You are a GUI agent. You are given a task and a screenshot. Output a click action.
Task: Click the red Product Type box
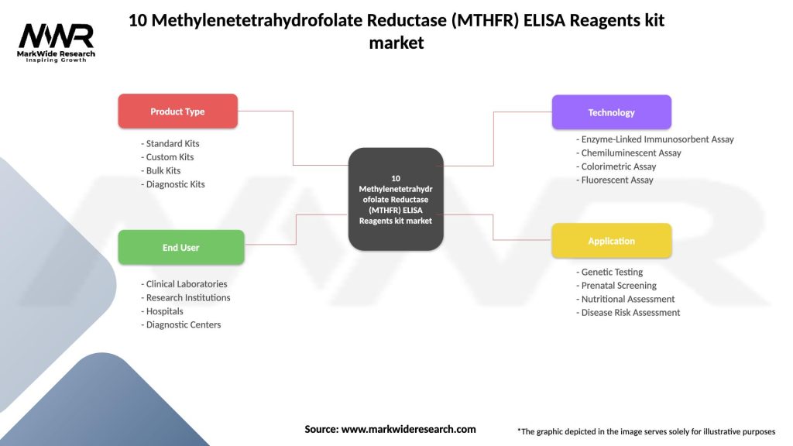coord(177,111)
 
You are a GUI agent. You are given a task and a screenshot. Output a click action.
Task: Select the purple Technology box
coord(611,112)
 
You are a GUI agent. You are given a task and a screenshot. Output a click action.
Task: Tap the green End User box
coord(180,248)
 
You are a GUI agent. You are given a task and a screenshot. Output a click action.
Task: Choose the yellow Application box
coord(611,241)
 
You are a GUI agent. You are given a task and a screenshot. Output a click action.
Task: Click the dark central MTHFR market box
coord(396,199)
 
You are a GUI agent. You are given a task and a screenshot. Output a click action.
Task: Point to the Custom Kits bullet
coord(168,157)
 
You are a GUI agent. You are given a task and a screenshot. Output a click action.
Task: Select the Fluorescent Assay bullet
coord(616,180)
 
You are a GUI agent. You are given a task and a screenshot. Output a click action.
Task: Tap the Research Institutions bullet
coord(186,297)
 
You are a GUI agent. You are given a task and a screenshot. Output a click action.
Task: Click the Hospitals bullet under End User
coord(163,311)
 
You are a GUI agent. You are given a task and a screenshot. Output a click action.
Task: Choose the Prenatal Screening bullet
coord(617,286)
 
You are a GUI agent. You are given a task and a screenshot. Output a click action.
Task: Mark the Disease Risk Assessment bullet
coord(629,313)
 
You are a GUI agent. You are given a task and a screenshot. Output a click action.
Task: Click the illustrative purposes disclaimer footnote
coord(646,431)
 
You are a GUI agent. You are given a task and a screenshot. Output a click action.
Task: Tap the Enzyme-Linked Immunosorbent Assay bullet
coord(656,139)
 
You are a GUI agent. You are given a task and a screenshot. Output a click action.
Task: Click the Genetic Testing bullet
coord(610,272)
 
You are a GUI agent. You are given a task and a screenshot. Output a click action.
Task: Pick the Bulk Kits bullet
coord(162,170)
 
